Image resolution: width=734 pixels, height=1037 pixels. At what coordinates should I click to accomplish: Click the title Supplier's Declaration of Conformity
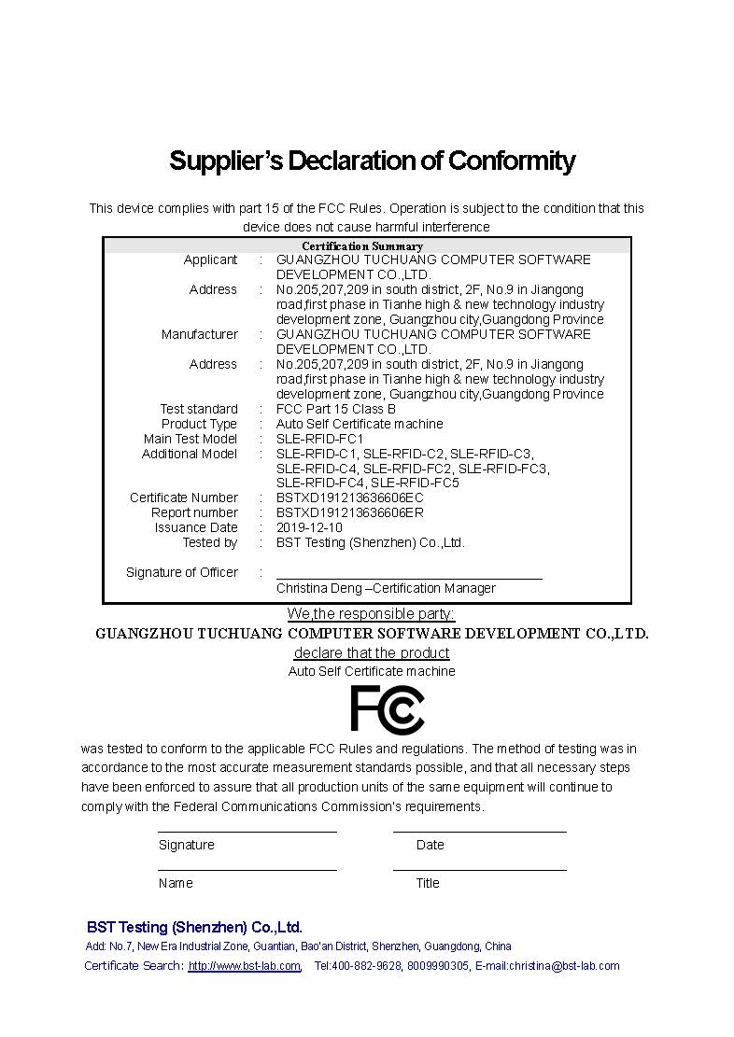pos(372,161)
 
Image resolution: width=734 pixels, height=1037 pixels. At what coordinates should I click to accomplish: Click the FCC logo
pos(387,709)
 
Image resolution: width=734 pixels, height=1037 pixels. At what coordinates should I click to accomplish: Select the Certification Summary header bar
pos(367,246)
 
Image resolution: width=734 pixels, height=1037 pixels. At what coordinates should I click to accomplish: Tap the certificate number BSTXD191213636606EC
pos(350,497)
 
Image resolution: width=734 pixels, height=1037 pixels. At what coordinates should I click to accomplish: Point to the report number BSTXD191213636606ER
pos(350,512)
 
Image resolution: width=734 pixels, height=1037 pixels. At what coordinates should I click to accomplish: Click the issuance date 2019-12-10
pos(309,527)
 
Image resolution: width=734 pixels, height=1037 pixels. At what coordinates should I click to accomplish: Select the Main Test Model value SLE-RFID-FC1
pos(320,439)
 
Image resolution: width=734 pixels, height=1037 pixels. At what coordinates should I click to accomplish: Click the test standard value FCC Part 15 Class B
pos(336,409)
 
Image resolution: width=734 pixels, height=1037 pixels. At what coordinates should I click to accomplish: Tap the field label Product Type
pos(199,424)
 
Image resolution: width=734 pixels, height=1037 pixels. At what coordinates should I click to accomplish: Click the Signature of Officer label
pos(182,572)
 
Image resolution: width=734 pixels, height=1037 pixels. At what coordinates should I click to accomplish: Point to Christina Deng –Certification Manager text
pos(386,588)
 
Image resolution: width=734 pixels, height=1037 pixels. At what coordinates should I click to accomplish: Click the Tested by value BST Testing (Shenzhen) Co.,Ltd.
pos(370,542)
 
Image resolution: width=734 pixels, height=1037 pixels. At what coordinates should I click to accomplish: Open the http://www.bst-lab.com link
pos(245,966)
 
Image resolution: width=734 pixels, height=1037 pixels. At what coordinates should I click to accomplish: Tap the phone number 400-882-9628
pos(366,966)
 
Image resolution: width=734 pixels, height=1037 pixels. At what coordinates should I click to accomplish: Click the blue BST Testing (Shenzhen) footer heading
pos(194,927)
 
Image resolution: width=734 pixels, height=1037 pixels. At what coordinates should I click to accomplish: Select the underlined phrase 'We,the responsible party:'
pos(371,613)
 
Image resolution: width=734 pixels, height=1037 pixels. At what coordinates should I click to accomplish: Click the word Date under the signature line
pos(430,845)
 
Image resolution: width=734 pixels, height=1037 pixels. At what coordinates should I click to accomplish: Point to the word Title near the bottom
pos(428,883)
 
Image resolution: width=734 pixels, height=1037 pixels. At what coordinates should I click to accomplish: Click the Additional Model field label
pos(190,454)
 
